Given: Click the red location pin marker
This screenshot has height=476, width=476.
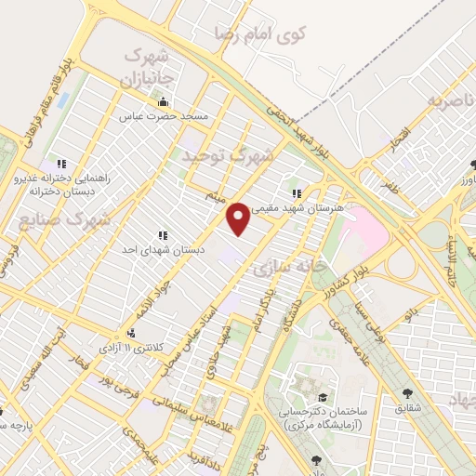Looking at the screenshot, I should coord(239,218).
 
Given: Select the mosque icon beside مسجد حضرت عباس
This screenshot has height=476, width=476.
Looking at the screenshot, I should coord(164,102).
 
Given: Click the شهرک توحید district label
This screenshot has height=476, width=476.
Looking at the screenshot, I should coord(228,156).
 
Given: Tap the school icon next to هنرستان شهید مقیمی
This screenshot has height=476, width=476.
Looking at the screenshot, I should coord(297,194).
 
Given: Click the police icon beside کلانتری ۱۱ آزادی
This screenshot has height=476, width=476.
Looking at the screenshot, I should coord(130,333).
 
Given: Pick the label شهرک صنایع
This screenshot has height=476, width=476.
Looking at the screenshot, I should coord(64,221).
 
